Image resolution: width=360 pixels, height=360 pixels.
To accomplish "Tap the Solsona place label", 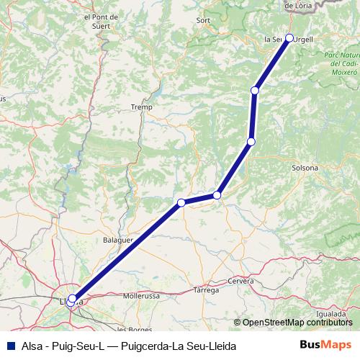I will click(x=305, y=168).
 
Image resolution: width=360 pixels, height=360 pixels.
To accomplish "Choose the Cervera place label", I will click(x=240, y=280).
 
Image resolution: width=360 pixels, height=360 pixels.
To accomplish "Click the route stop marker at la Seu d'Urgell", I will click(x=289, y=37).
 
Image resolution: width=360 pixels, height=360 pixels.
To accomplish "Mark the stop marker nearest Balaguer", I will click(x=181, y=202).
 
